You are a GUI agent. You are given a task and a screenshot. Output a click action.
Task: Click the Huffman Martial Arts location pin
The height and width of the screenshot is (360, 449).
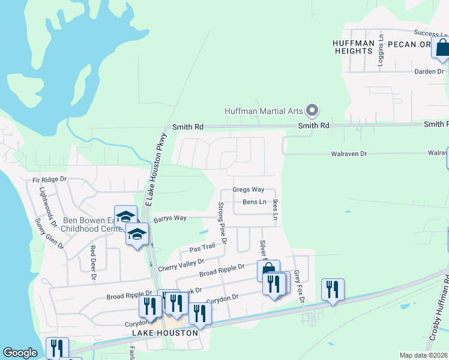(312, 110)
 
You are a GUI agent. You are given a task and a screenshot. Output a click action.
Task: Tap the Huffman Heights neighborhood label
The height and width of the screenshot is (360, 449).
(354, 47)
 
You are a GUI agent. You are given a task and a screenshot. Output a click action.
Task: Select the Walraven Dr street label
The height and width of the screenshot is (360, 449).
(349, 154)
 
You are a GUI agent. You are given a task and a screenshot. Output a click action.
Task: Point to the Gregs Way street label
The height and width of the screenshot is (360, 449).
(249, 190)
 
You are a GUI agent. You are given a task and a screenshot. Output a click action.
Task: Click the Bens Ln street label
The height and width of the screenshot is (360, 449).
(254, 202)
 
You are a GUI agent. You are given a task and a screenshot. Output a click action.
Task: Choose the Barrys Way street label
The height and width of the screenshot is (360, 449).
(170, 218)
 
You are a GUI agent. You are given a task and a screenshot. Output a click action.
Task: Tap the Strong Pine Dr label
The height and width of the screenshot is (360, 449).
(221, 223)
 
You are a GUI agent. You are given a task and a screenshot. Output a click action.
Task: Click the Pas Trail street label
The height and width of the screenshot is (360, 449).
(202, 247)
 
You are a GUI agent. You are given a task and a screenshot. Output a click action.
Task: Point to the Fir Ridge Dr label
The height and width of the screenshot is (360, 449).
(50, 179)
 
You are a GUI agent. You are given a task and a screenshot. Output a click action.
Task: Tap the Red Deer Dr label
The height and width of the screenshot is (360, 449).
(93, 263)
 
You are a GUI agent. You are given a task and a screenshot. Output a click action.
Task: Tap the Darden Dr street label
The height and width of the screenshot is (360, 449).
(429, 71)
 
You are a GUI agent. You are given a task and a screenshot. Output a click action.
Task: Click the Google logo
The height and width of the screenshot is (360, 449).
(20, 353)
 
